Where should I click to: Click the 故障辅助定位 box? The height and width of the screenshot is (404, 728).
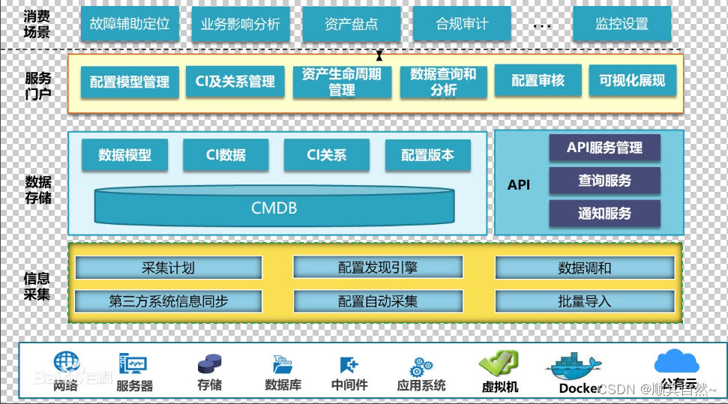[130, 24]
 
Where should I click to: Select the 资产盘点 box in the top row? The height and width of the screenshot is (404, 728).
[351, 24]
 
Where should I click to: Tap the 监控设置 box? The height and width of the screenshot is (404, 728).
[622, 24]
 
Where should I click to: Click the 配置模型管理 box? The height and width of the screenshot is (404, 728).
[130, 82]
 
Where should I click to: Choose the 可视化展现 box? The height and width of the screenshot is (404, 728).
[632, 81]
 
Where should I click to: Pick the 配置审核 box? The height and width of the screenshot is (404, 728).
[538, 81]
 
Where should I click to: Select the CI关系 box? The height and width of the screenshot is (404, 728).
[327, 155]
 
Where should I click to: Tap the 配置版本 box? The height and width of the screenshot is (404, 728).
[427, 155]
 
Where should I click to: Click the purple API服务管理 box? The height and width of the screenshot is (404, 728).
[604, 148]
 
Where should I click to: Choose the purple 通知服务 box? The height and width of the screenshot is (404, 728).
[604, 214]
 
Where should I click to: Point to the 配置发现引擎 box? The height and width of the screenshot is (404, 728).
[378, 268]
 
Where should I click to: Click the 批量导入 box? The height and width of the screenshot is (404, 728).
[584, 301]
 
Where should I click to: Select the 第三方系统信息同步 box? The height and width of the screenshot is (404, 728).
[169, 301]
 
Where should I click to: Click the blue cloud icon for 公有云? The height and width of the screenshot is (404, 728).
[676, 361]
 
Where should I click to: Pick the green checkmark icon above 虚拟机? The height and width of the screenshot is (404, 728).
[499, 364]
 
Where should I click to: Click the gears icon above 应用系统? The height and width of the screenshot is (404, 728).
[421, 367]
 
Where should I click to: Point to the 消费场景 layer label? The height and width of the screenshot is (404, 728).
[37, 24]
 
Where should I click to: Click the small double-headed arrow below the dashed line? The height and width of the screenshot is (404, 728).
[379, 55]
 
